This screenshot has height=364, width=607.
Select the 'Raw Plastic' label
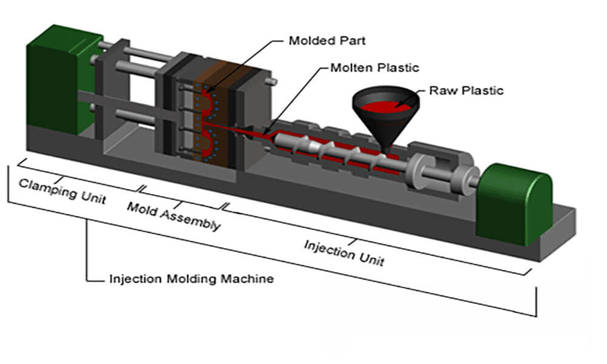click(x=466, y=91)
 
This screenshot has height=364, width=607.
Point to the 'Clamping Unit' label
click(x=62, y=190)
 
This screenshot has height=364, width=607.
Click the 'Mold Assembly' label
click(x=173, y=216)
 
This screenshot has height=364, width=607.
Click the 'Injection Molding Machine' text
click(x=191, y=279)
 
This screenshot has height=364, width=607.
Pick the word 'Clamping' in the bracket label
click(x=46, y=186)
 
